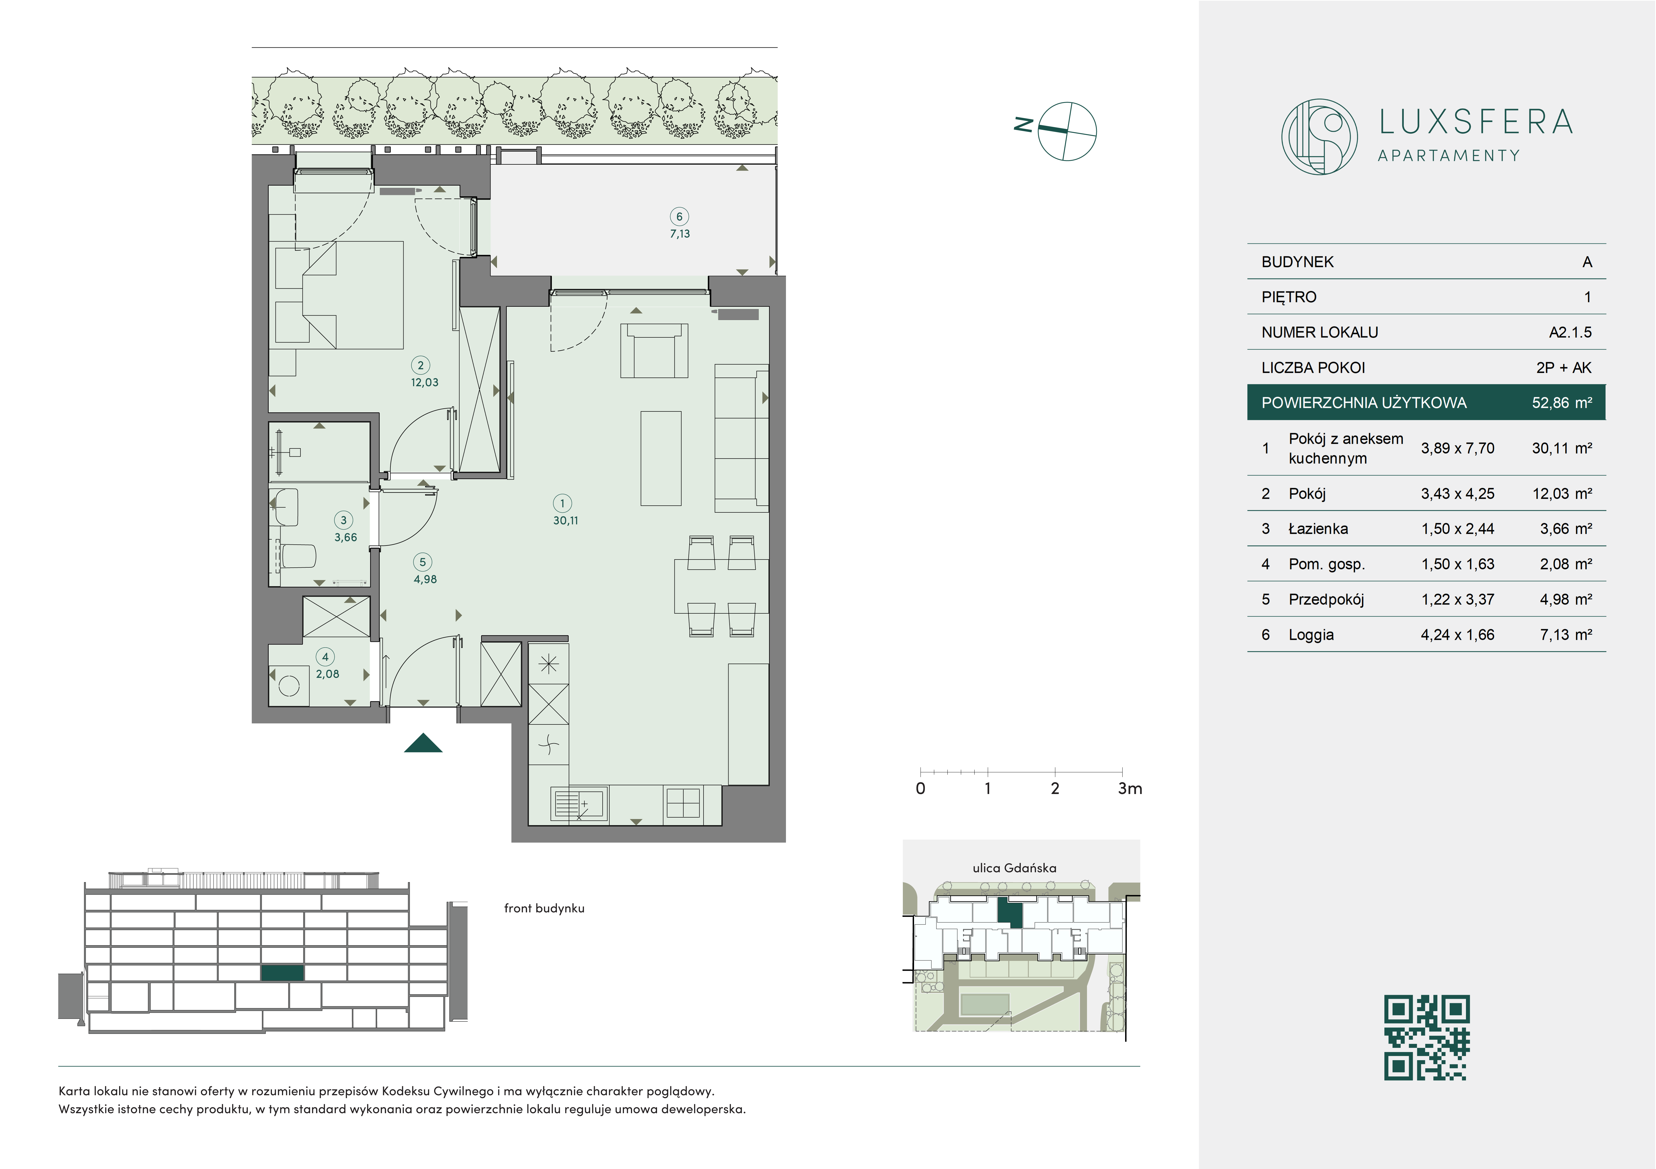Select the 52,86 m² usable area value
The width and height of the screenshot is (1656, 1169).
pos(1562,403)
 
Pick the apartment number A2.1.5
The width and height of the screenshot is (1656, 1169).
pos(1570,333)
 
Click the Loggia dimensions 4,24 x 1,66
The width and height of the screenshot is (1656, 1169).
pos(1458,635)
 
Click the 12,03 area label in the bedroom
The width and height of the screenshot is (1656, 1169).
pos(425,383)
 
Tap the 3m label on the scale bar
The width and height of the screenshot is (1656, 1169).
pos(1130,789)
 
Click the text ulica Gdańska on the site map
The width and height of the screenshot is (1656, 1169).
pos(1014,868)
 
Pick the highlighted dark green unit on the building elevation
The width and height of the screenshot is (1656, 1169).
pos(282,973)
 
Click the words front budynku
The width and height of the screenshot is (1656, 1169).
pos(544,908)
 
